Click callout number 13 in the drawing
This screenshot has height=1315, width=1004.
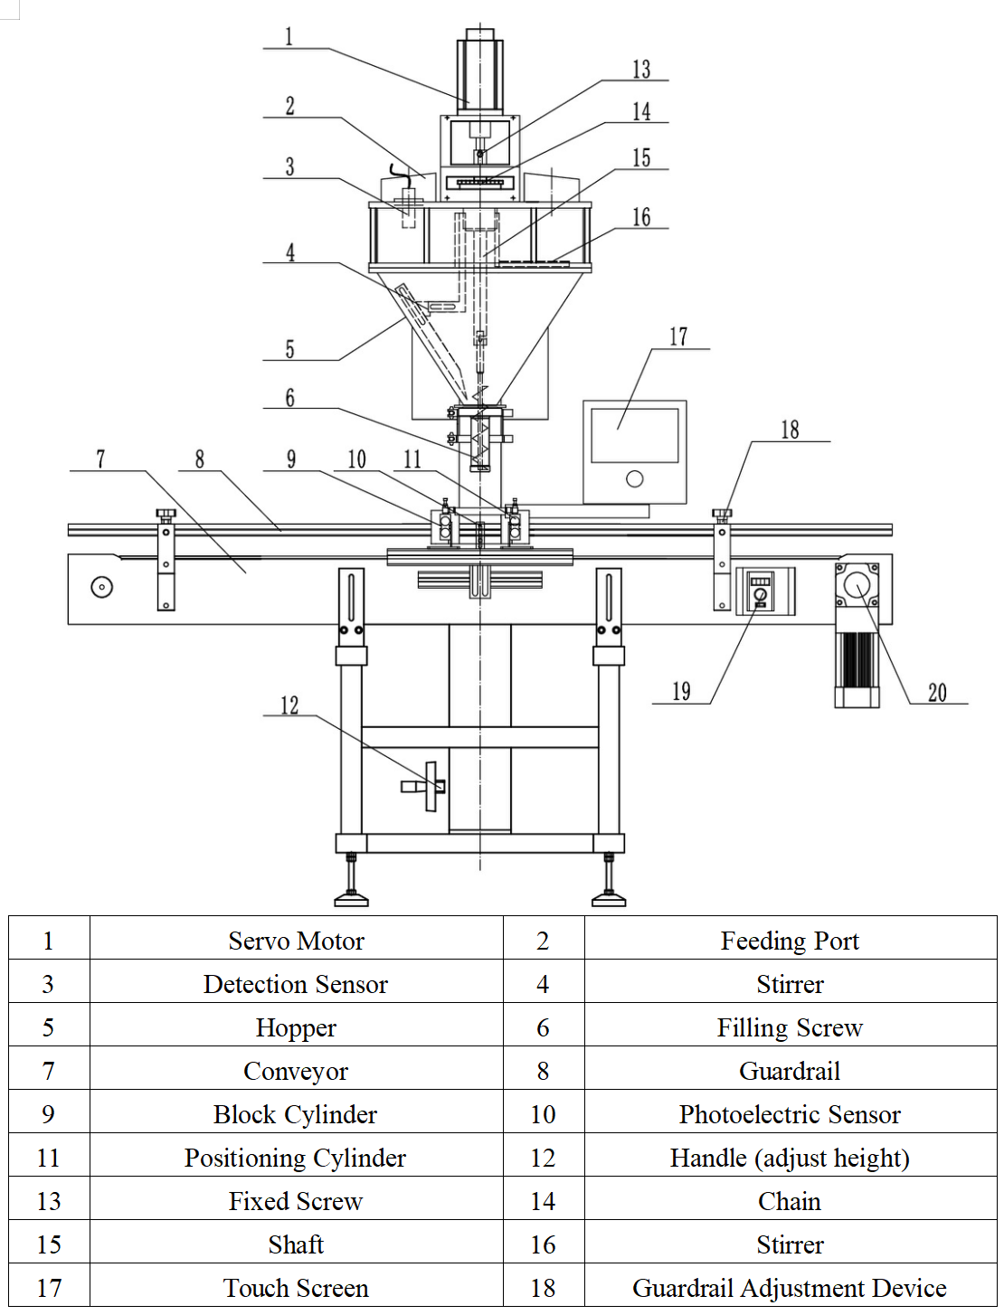641,70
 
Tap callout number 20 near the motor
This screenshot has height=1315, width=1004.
937,693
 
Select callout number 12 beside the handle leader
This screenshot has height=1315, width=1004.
289,705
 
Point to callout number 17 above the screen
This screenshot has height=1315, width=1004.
678,337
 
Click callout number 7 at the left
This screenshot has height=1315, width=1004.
100,459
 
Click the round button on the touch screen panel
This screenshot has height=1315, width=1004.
635,478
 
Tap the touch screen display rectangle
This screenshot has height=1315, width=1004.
634,435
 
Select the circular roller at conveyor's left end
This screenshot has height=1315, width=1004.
102,587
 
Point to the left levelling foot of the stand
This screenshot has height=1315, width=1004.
351,897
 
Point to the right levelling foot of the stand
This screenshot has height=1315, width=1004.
609,897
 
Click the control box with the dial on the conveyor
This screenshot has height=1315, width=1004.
764,591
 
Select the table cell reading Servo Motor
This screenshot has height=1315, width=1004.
296,941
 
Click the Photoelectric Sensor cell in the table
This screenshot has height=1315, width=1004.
790,1114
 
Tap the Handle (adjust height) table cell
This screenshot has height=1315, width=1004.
790,1158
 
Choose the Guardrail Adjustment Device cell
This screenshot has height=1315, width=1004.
790,1288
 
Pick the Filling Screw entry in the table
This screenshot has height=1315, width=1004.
790,1027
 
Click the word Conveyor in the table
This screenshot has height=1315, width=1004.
296,1071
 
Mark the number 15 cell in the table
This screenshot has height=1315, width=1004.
49,1244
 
